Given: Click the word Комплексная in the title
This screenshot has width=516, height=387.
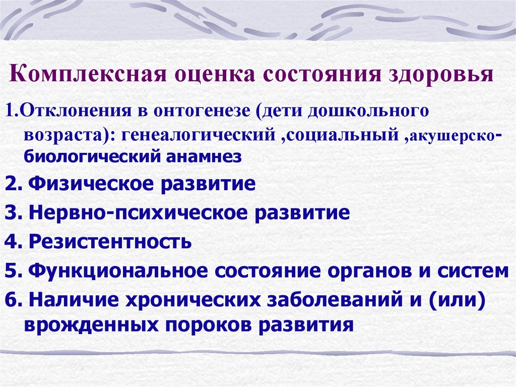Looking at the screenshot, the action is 88,74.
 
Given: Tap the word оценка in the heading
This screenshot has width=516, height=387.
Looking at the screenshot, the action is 215,75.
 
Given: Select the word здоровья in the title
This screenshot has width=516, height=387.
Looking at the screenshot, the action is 441,74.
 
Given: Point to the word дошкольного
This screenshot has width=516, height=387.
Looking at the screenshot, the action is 368,111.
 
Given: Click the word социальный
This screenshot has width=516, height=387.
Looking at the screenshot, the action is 343,135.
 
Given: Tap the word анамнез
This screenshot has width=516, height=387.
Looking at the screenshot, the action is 204,157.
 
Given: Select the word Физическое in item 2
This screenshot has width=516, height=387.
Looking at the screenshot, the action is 91,184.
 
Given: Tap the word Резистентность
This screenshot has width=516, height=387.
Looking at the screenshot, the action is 110,242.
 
